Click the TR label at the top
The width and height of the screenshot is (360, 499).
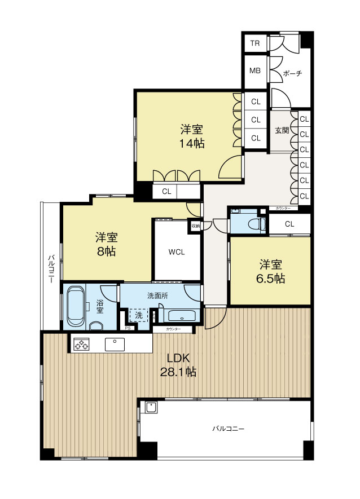point(255,43)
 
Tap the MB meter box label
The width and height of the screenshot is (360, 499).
point(255,72)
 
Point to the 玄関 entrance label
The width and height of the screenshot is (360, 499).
point(282,130)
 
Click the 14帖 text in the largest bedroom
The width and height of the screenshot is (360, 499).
point(191,143)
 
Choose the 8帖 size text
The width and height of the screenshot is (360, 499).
point(105,252)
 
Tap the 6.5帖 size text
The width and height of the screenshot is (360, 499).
point(271,279)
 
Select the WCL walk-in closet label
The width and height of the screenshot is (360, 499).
point(177,252)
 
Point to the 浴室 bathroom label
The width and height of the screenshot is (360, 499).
point(99,306)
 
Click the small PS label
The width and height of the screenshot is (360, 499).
point(128,328)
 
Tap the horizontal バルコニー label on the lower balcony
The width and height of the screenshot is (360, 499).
point(228,429)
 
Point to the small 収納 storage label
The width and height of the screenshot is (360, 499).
point(195,226)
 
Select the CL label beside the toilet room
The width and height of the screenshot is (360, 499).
point(289,224)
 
